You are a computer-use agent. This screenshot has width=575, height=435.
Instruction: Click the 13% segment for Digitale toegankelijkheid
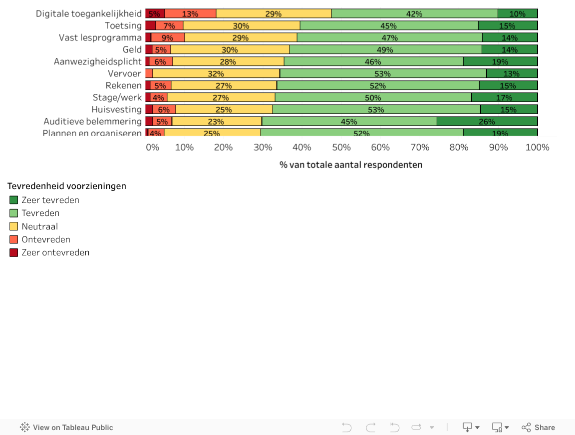[x=190, y=13]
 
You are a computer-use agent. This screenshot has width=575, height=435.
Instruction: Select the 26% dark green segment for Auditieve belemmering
[x=487, y=121]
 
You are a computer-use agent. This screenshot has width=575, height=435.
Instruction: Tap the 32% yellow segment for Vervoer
[x=216, y=73]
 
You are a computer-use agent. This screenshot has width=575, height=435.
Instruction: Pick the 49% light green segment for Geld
[x=385, y=49]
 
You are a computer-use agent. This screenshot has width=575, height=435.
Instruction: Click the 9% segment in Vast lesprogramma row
[x=168, y=37]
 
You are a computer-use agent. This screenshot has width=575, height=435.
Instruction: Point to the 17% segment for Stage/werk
[x=504, y=97]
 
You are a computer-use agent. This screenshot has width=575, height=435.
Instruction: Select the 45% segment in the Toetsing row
[x=388, y=25]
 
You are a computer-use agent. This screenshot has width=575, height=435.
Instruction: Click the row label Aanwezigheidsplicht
[x=98, y=61]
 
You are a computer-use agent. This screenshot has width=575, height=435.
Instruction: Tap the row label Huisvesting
[x=116, y=109]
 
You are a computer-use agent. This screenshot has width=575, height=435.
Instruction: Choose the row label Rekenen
[x=123, y=85]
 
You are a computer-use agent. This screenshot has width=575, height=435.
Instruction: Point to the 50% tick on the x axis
[x=341, y=147]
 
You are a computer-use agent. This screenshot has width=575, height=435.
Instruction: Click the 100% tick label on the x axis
[x=537, y=147]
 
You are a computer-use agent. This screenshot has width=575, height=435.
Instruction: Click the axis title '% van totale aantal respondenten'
[x=350, y=165]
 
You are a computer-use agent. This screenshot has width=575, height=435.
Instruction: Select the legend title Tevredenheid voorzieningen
[x=67, y=186]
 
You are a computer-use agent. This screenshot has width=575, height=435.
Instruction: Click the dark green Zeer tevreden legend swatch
[x=14, y=200]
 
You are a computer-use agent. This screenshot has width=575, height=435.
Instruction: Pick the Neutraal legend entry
[x=39, y=226]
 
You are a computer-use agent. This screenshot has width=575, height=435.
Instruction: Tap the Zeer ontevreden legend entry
[x=55, y=252]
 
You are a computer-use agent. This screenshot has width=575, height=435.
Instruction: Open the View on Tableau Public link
[x=66, y=428]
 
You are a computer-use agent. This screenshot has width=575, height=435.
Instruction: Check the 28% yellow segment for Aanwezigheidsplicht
[x=228, y=61]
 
